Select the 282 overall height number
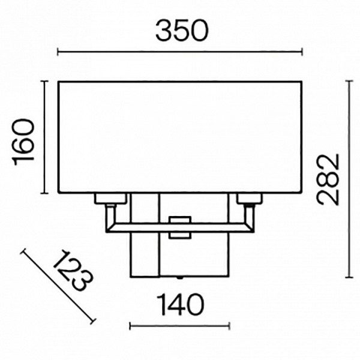tap(329, 179)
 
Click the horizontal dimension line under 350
tap(180, 53)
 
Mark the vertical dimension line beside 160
tap(44, 137)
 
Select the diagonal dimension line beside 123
tap(58, 286)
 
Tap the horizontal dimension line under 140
tap(179, 326)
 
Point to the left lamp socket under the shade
tap(110, 199)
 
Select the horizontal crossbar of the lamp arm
tap(144, 227)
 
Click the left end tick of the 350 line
tap(58, 53)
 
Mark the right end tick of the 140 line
tap(229, 326)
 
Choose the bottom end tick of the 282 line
tap(349, 277)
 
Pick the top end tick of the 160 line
tap(44, 80)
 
